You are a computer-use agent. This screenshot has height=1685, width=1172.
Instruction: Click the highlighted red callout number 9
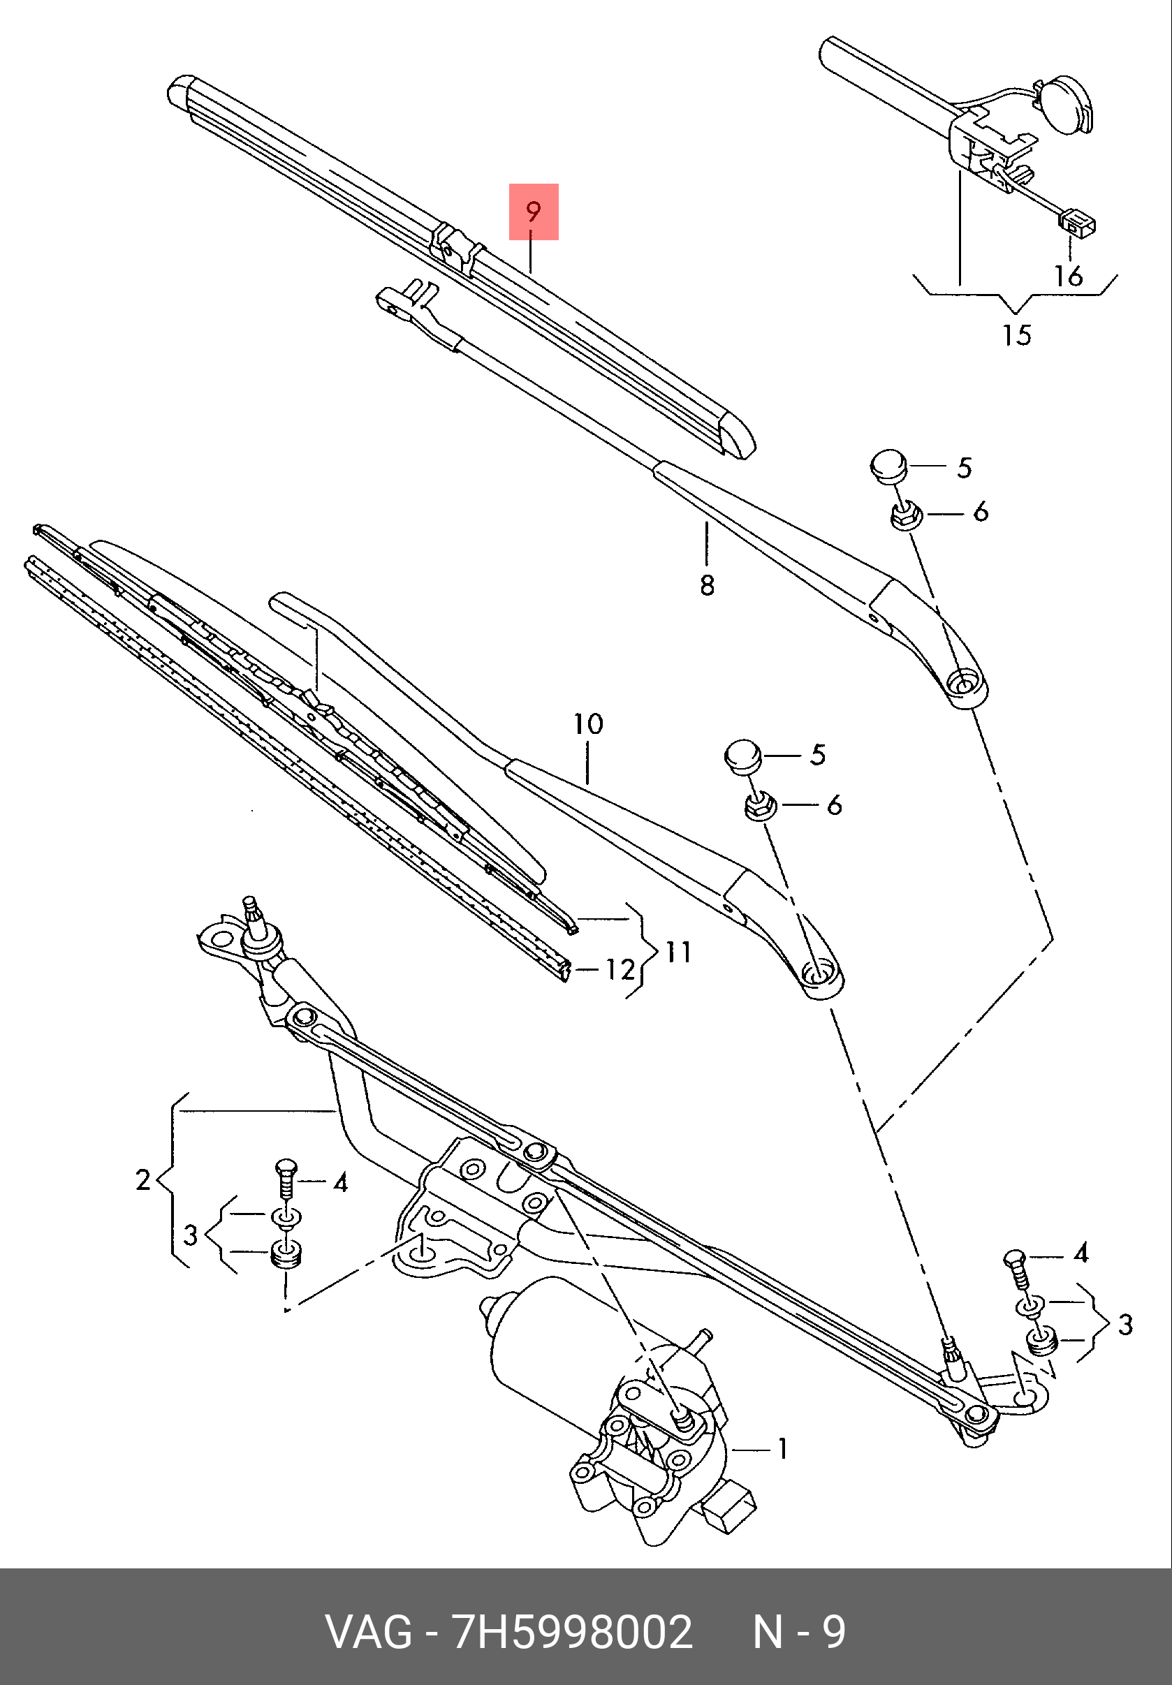coord(534,212)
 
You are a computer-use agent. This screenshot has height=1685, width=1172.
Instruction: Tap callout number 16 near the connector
coord(1069,276)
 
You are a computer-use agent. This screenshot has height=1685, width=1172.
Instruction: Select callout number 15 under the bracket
coord(1016,335)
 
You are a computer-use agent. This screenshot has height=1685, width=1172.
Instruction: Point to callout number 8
coord(706,585)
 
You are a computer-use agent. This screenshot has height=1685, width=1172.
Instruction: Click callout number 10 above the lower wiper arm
coord(588,723)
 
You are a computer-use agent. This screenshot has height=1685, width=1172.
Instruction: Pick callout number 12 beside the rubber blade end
coord(620,969)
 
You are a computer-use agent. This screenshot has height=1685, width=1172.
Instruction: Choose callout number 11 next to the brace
coord(678,952)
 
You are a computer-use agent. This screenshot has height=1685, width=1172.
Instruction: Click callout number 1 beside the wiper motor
coord(782,1449)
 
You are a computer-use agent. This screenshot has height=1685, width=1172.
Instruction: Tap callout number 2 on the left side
coord(143,1179)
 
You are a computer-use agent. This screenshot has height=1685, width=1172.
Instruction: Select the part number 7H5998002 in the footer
coord(573,1632)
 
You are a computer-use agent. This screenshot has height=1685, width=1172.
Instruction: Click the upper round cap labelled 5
coord(888,465)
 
